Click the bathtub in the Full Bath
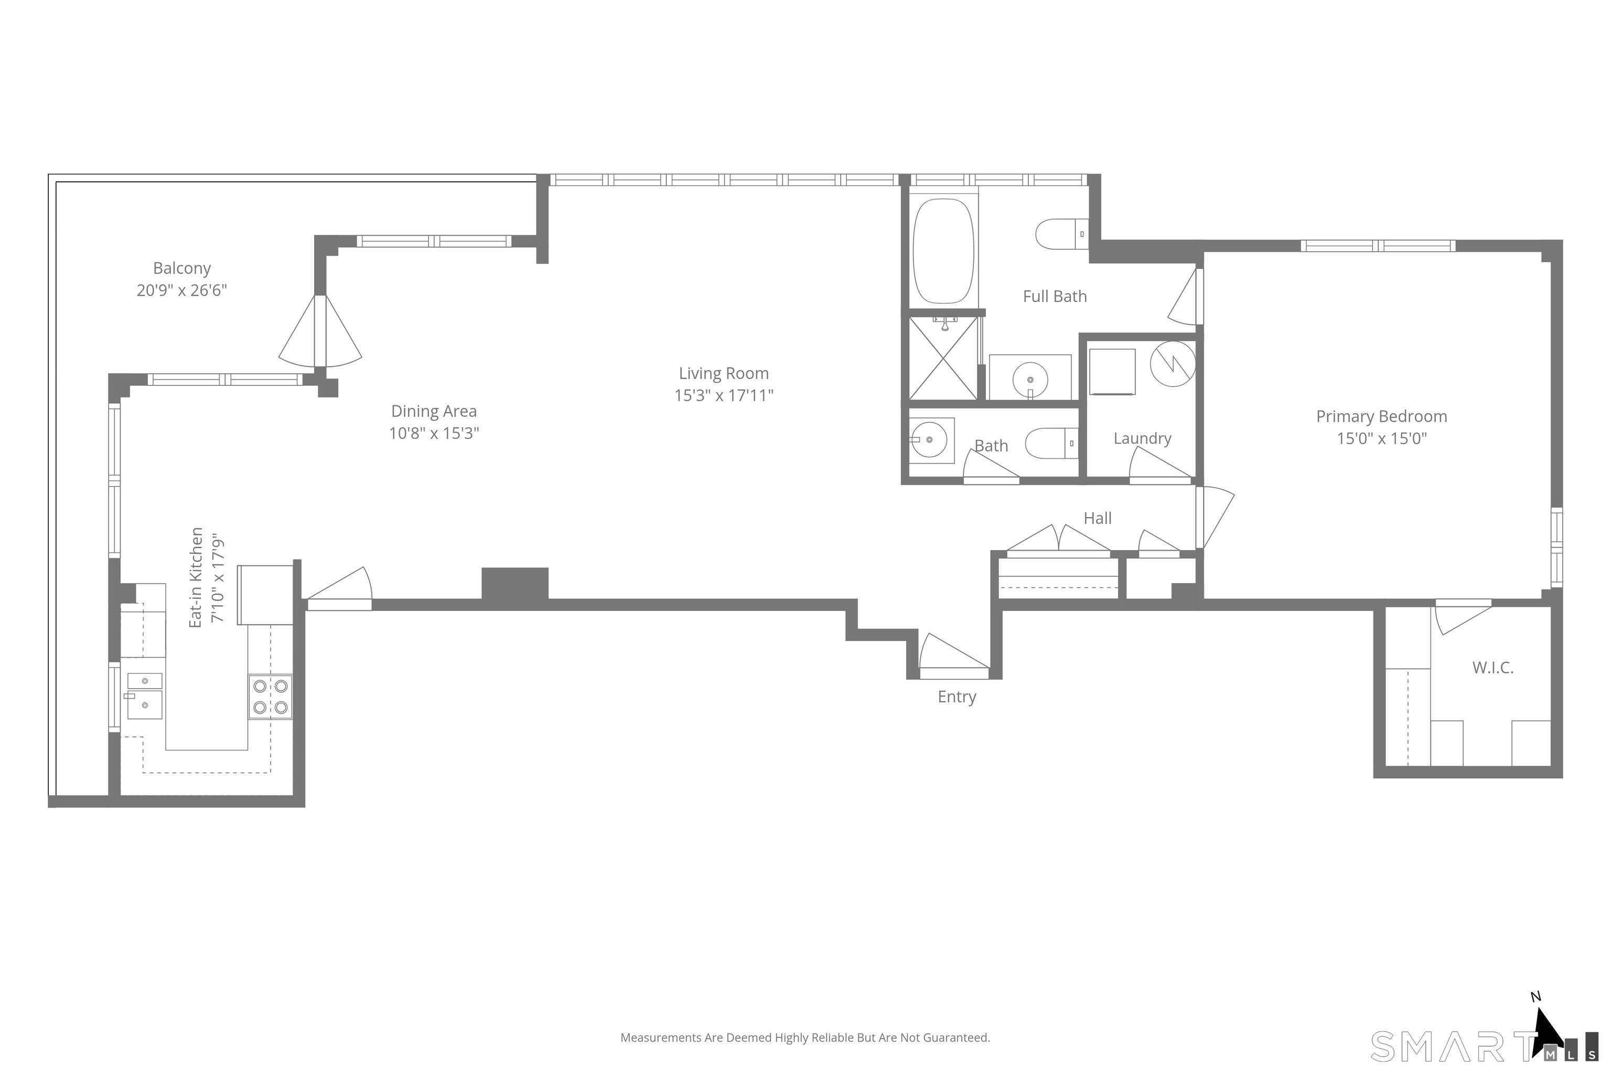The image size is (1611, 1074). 943,251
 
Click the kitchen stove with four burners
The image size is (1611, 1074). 270,696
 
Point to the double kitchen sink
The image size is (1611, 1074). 145,695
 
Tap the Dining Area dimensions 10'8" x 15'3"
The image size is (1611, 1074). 434,433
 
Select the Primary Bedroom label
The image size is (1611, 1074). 1381,416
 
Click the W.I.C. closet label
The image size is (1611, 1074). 1492,667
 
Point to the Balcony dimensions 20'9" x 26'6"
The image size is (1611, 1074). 181,289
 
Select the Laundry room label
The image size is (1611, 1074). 1142,438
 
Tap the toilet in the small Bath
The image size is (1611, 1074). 1051,443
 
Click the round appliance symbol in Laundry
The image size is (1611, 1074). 1173,364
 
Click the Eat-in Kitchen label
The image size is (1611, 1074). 197,577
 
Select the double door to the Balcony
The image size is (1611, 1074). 320,331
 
